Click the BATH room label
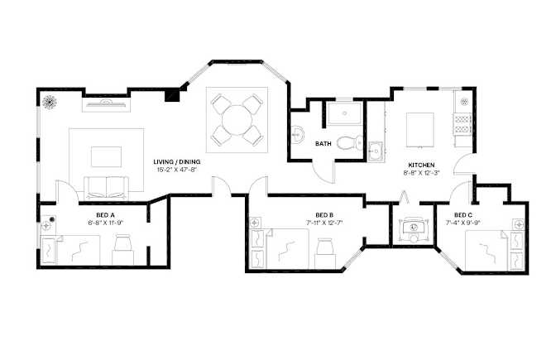tap(323, 144)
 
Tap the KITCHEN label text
tap(421, 166)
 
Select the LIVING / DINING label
tap(176, 162)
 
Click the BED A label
tap(105, 215)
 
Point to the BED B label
tap(324, 215)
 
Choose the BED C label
tap(463, 215)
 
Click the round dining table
tap(236, 119)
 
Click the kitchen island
tap(419, 130)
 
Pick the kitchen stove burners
tap(463, 123)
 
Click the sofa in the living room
tap(106, 187)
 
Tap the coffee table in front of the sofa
tap(106, 156)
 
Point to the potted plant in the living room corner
tap(50, 102)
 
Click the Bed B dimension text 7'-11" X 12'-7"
tap(324, 223)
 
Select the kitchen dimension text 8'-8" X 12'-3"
tap(421, 173)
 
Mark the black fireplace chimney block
tap(173, 95)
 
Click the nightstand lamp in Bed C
tap(519, 224)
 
